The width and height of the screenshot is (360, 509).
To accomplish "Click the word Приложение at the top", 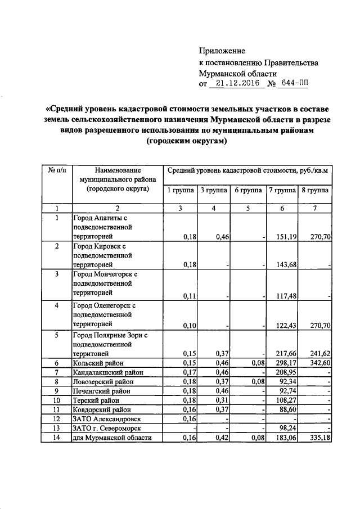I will click(x=223, y=51).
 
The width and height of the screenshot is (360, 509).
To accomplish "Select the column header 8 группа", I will click(x=315, y=190).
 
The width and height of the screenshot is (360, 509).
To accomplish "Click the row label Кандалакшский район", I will click(x=108, y=372).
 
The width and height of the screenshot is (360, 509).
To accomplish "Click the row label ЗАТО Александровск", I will click(x=106, y=419).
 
